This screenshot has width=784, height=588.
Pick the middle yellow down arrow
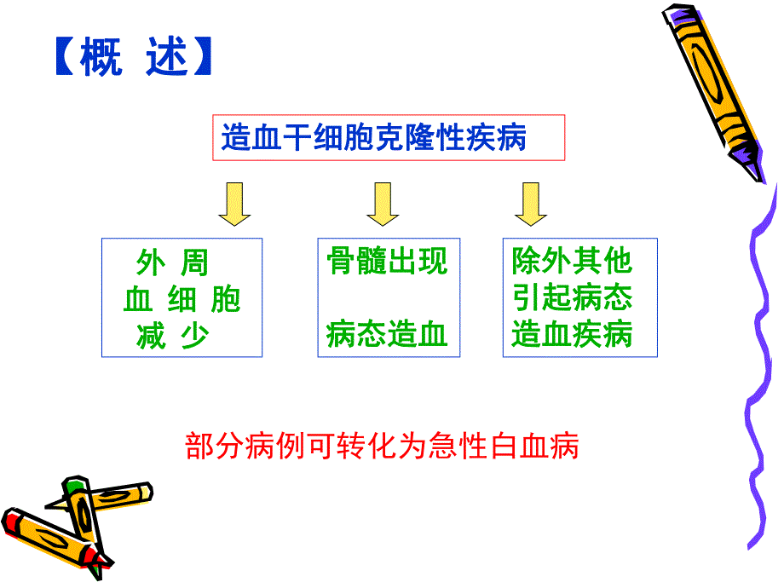point(383,204)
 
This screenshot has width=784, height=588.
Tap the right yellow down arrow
point(531,204)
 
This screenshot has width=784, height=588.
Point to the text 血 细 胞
point(182,299)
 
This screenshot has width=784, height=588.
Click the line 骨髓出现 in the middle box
point(387,261)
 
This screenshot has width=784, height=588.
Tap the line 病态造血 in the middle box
point(387,335)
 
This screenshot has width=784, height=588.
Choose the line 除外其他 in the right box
point(572,261)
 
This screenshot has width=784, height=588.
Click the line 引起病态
point(572,297)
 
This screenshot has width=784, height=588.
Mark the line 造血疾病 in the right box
point(572,335)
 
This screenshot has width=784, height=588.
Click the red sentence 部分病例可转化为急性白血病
point(382,446)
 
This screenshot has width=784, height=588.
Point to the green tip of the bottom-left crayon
point(75,487)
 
